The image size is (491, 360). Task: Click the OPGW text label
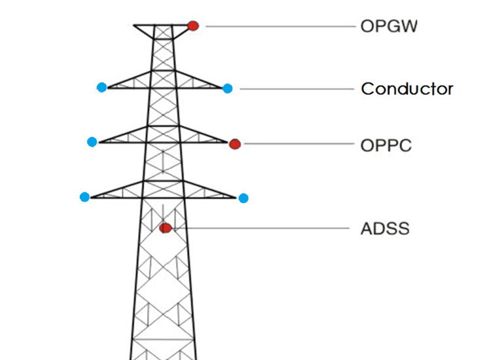pyautogui.click(x=388, y=27)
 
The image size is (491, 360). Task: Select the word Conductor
pyautogui.click(x=407, y=88)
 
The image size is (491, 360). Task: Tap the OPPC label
pyautogui.click(x=386, y=145)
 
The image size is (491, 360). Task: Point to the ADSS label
pyautogui.click(x=384, y=229)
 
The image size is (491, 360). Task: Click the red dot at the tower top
pyautogui.click(x=193, y=26)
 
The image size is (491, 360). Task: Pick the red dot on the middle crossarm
pyautogui.click(x=235, y=144)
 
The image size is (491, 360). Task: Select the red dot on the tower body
pyautogui.click(x=166, y=228)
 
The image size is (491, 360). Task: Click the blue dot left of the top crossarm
pyautogui.click(x=101, y=87)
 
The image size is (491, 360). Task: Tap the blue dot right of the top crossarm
pyautogui.click(x=227, y=88)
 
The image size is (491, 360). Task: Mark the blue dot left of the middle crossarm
pyautogui.click(x=92, y=141)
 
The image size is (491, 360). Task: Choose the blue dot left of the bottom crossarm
pyautogui.click(x=84, y=196)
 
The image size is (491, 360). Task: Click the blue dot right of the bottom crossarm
pyautogui.click(x=244, y=198)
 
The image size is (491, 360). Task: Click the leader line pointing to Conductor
pyautogui.click(x=295, y=88)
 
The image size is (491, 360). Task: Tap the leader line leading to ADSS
pyautogui.click(x=262, y=228)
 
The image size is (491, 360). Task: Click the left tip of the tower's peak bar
pyautogui.click(x=134, y=26)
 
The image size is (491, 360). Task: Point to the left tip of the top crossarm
pyautogui.click(x=108, y=87)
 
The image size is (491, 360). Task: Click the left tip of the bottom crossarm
pyautogui.click(x=91, y=196)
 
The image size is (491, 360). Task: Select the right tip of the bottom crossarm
pyautogui.click(x=236, y=196)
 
